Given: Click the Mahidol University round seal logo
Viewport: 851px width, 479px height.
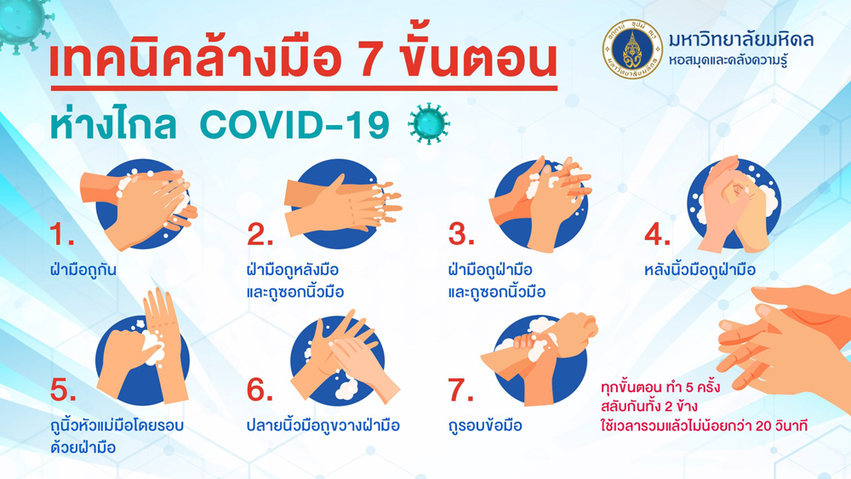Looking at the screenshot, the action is (632, 49).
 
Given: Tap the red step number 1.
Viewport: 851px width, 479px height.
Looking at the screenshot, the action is (62, 234).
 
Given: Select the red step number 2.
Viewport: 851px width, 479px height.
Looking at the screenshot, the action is (260, 234).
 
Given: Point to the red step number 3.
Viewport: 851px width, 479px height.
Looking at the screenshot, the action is (460, 234).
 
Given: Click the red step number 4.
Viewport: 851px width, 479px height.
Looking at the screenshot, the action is (657, 234).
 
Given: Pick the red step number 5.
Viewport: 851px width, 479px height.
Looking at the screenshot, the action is (63, 390).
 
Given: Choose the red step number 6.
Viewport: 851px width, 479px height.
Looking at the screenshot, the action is (260, 390).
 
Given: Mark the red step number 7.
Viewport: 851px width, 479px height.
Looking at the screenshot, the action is (460, 390).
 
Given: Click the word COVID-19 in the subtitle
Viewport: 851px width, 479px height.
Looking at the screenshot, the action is (294, 125).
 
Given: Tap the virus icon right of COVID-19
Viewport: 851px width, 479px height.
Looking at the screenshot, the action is (429, 123).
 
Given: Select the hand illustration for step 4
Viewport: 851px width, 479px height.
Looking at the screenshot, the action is (734, 204).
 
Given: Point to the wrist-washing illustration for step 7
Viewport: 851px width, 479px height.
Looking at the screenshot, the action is (540, 359).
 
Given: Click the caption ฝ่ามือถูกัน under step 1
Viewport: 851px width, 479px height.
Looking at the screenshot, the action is (83, 269).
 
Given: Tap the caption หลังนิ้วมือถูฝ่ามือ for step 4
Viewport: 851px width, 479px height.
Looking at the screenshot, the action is (700, 269).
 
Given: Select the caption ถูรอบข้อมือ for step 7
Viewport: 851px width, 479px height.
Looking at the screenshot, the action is (485, 425).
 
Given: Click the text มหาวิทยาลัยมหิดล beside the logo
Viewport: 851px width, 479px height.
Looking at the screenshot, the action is (741, 40).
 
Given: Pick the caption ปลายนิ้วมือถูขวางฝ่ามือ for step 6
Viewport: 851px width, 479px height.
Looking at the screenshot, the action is (323, 425).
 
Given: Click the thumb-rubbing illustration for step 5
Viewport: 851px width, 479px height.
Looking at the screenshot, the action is (143, 347).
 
